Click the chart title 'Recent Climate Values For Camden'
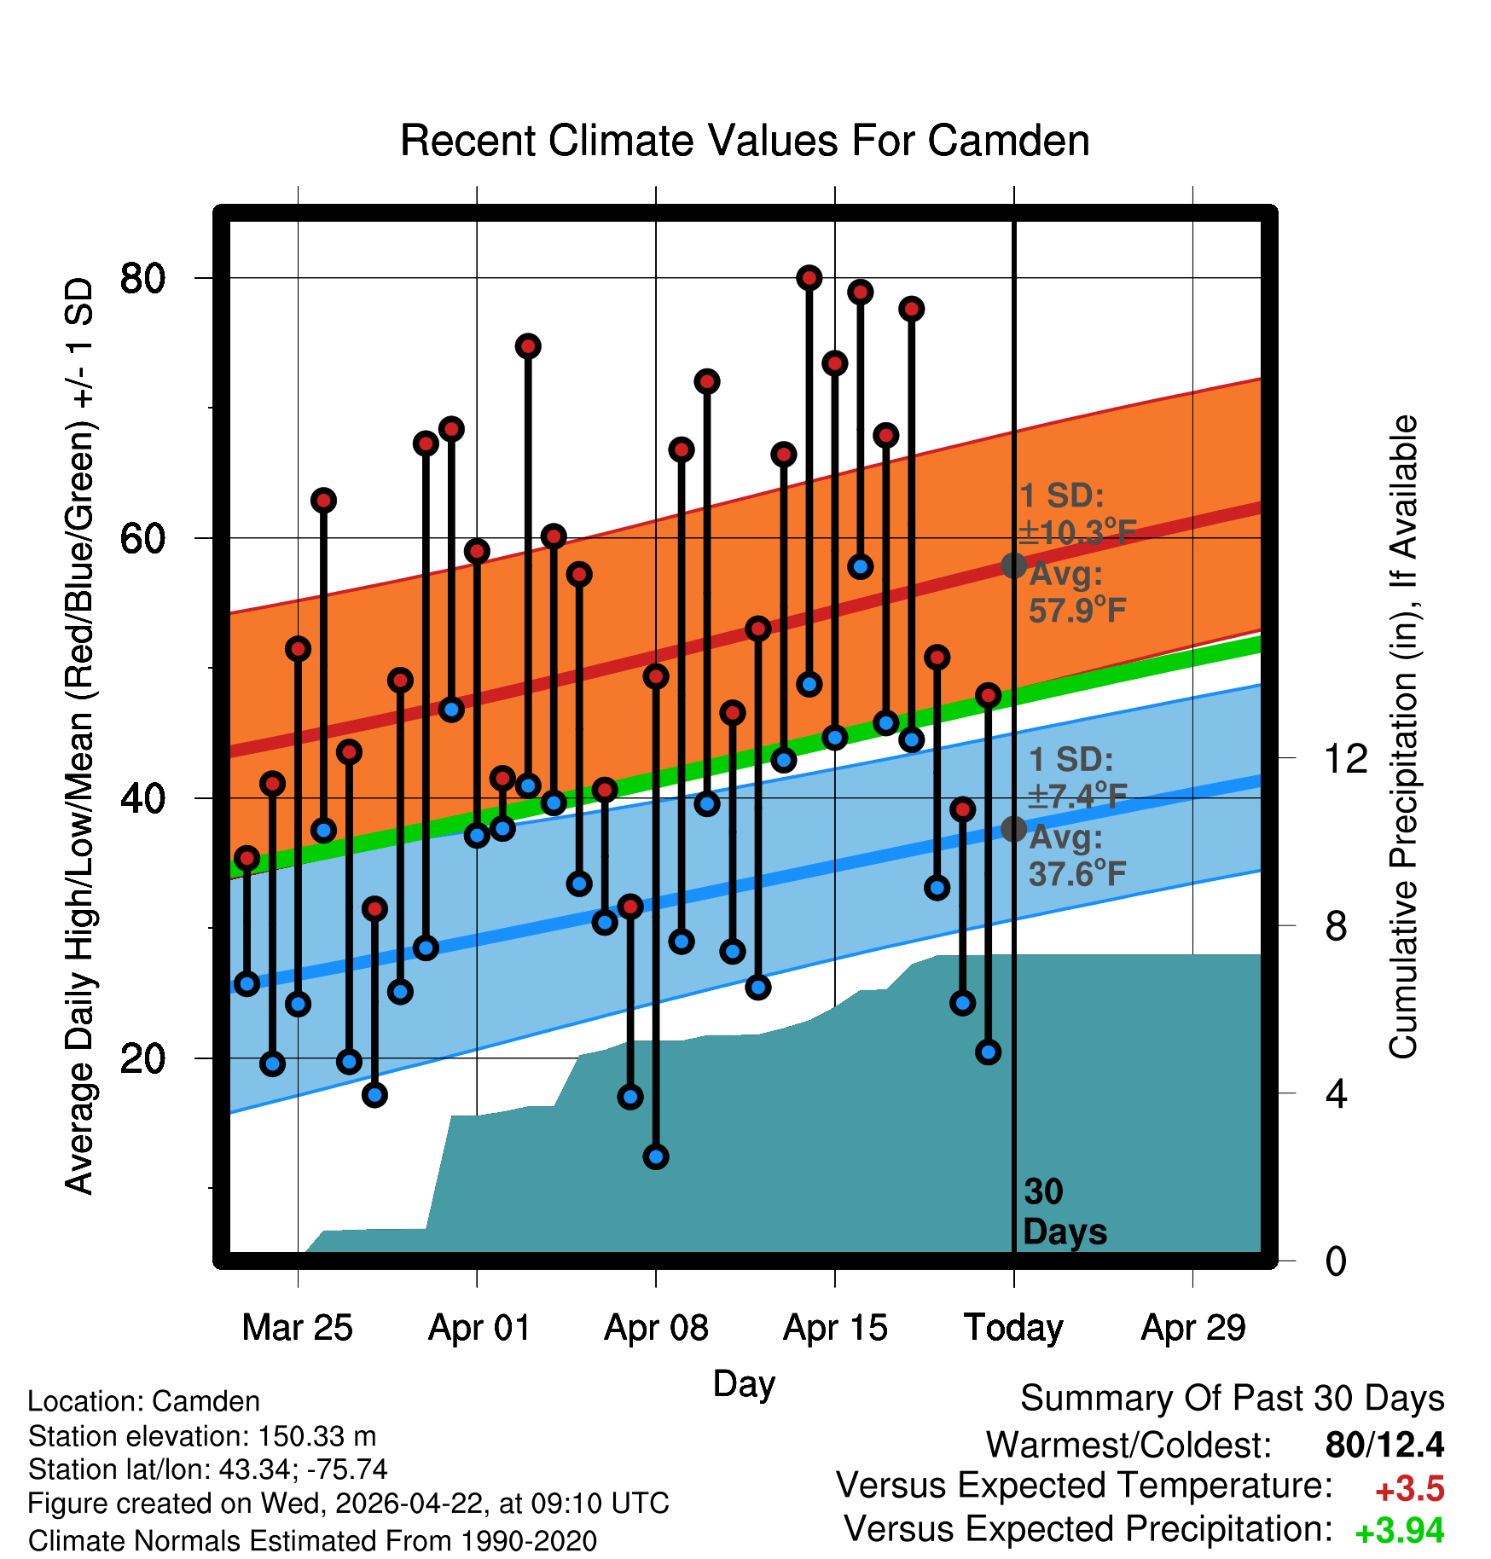coord(745,141)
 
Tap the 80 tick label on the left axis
coord(142,278)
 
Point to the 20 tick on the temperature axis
coord(142,1058)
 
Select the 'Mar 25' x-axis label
coord(297,1328)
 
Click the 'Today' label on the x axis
coord(1013,1328)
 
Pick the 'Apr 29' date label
coord(1193,1328)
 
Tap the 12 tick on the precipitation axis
coord(1346,758)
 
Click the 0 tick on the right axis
coord(1336,1261)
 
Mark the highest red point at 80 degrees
coord(809,277)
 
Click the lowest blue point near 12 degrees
coord(656,1157)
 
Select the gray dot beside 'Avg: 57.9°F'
coord(1013,565)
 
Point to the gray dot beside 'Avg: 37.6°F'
coord(1013,828)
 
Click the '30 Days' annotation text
coord(1065,1212)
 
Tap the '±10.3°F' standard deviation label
coord(1077,532)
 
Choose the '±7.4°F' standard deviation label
coord(1077,796)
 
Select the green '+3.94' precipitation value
coord(1400,1531)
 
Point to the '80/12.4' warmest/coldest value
coord(1385,1445)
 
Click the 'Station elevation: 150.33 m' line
coord(202,1436)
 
